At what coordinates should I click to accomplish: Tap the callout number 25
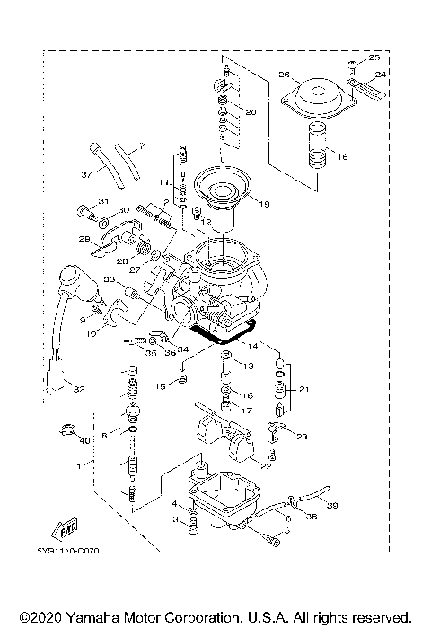[374, 57]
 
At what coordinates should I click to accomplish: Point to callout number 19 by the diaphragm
[264, 203]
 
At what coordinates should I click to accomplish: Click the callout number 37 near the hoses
[86, 174]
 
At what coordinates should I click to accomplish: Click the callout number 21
[304, 390]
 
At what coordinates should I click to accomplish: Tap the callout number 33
[108, 281]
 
